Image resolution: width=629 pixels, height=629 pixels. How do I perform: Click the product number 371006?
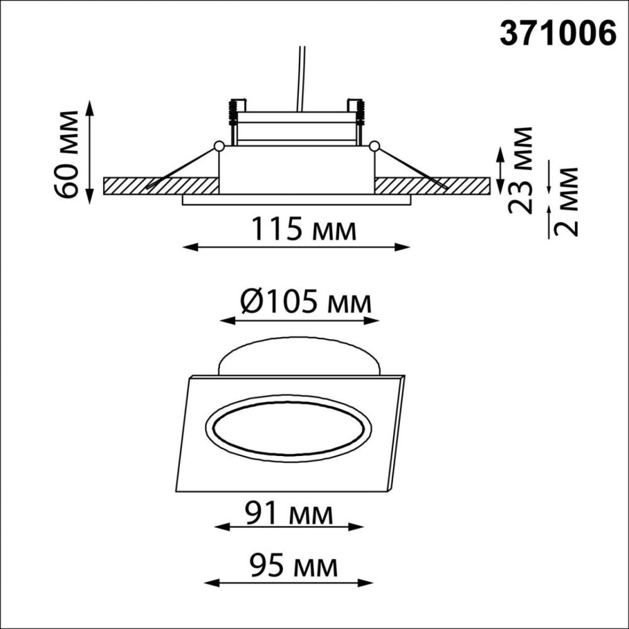click(x=557, y=34)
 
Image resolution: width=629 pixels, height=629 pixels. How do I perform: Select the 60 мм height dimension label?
click(x=66, y=153)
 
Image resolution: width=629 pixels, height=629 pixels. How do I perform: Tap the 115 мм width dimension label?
click(x=304, y=229)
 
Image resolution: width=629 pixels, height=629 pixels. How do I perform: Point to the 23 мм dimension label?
click(x=521, y=170)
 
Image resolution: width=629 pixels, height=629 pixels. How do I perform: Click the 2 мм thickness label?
click(x=568, y=201)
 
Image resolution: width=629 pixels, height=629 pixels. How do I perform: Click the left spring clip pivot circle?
click(x=218, y=146)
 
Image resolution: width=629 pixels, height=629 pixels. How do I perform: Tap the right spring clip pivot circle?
click(x=375, y=146)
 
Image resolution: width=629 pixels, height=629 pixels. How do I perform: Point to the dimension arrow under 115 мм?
click(x=296, y=247)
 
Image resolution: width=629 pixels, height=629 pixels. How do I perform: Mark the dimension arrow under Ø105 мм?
click(x=299, y=320)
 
